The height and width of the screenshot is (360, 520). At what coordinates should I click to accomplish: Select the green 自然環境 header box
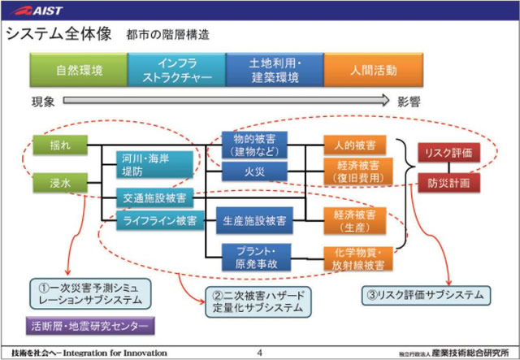[x=79, y=71]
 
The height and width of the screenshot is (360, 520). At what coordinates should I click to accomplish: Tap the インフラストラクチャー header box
[x=176, y=71]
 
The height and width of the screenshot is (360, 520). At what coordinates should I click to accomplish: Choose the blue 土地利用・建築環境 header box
[x=274, y=71]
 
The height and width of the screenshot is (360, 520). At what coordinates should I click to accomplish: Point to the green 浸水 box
[x=60, y=185]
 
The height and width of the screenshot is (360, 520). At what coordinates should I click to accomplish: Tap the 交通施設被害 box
[x=154, y=198]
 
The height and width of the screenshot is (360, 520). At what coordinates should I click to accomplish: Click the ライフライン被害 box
[x=159, y=220]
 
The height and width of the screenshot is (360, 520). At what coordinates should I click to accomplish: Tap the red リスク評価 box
[x=448, y=152]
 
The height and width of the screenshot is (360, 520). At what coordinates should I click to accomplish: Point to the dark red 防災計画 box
[x=448, y=184]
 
